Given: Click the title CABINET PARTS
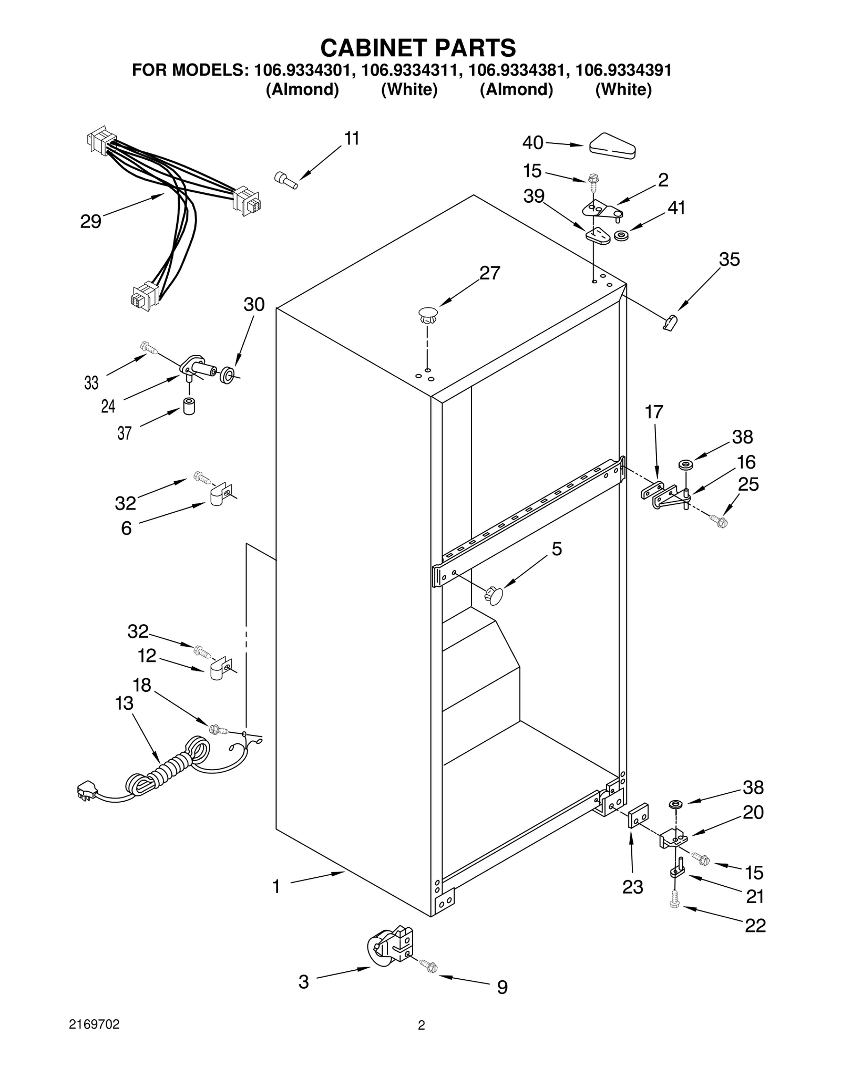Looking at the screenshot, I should tap(418, 48).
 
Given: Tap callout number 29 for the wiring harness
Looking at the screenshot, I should tap(90, 221).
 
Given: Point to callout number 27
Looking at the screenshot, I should tap(489, 273).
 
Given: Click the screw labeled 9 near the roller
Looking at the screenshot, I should tap(429, 966).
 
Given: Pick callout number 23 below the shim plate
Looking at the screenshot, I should tap(632, 887).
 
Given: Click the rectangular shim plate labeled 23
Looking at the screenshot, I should tap(638, 815).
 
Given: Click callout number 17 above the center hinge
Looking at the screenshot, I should tap(654, 412).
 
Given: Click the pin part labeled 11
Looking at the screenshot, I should tap(286, 180).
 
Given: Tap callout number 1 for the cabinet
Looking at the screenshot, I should tap(276, 887).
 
